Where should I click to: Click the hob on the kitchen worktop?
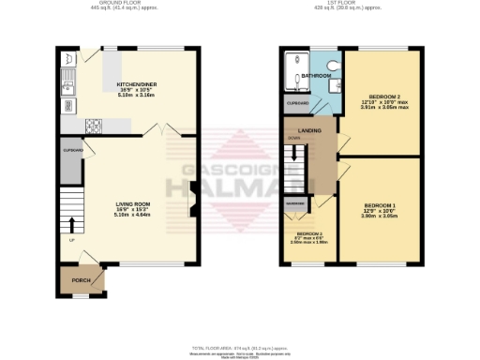pos(95,126)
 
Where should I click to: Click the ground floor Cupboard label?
pos(73,150)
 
